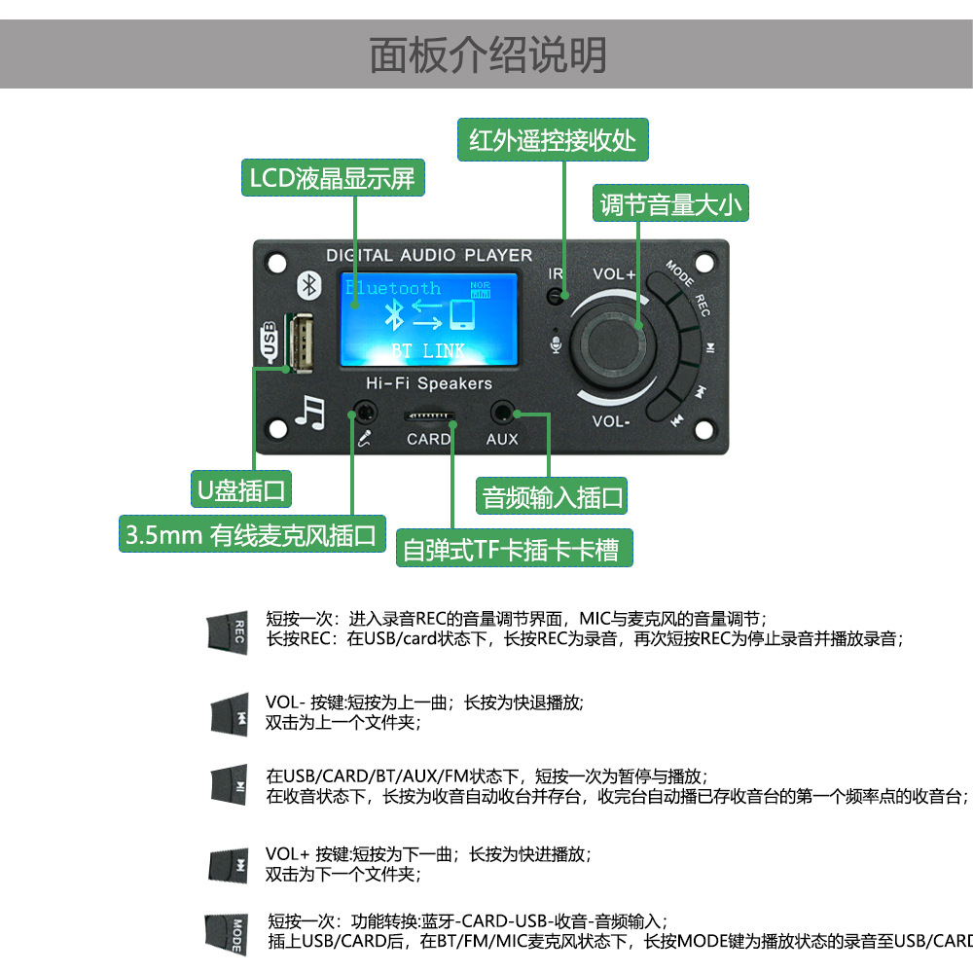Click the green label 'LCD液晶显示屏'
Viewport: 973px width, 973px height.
pos(333,179)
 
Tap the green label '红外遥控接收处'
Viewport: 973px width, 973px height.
pos(553,140)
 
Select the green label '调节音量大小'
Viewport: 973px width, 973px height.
pos(671,204)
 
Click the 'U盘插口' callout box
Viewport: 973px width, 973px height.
pos(241,490)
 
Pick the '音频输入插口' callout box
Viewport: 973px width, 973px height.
pos(552,497)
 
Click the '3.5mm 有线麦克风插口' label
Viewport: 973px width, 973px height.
pos(252,535)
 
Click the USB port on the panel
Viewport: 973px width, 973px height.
pos(299,341)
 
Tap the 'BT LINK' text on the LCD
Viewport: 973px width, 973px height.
pos(428,350)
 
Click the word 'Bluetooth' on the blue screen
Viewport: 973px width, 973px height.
pos(393,288)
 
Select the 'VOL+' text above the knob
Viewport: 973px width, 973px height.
pos(614,275)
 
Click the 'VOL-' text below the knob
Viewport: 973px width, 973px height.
pos(612,421)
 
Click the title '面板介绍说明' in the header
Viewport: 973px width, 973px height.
pos(486,55)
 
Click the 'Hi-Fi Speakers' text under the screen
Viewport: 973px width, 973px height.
pos(428,383)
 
